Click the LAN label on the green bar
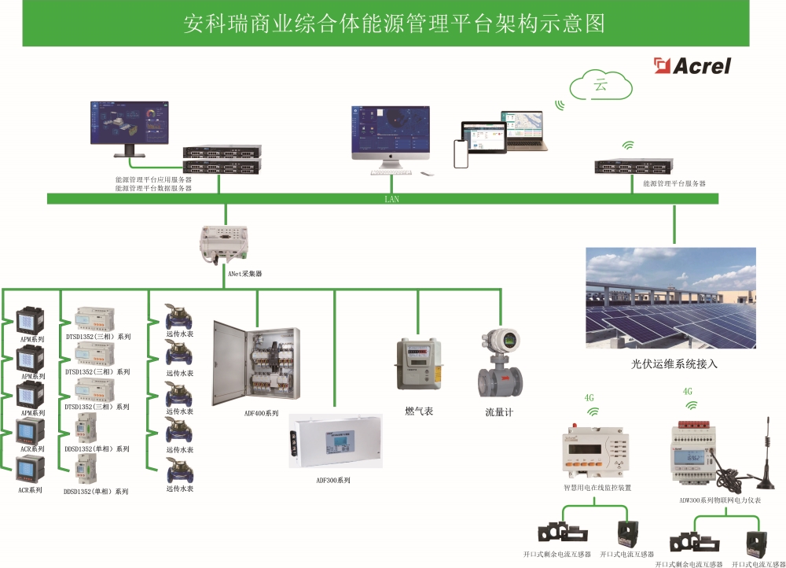(391, 199)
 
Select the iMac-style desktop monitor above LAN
(391, 138)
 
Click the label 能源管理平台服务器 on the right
(674, 183)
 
